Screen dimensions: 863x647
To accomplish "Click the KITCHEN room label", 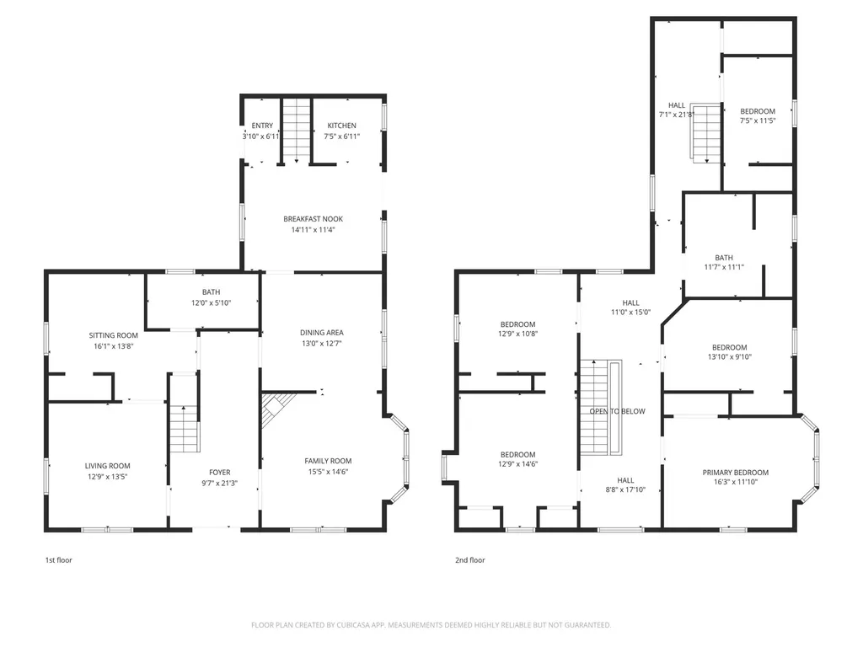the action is (x=341, y=126).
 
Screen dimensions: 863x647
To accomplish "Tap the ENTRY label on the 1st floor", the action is (x=262, y=126).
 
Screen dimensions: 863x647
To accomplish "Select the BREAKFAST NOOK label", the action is (x=314, y=219).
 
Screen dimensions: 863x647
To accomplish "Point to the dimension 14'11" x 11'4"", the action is (x=314, y=230).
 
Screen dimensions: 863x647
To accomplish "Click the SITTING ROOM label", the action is (x=114, y=335).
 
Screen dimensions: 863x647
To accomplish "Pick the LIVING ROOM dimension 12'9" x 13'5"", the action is (x=107, y=477).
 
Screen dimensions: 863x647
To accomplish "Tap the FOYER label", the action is (x=220, y=472).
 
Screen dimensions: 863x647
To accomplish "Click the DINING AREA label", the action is (x=321, y=332).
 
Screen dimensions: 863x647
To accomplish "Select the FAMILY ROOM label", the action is (x=328, y=461).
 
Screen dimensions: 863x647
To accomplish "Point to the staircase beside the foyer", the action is (x=184, y=429).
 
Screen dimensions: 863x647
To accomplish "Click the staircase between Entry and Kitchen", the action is (x=296, y=131).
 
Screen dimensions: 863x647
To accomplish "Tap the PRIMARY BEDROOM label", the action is (x=735, y=472).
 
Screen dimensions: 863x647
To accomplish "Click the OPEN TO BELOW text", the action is (x=617, y=411).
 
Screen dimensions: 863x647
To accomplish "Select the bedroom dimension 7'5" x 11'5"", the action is (x=758, y=120).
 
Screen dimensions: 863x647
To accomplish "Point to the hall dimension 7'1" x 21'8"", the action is (x=677, y=115).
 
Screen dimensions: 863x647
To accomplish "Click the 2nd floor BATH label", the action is (x=724, y=258).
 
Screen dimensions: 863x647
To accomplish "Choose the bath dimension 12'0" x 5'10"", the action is (x=211, y=302).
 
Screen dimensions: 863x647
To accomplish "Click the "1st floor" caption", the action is (x=58, y=560).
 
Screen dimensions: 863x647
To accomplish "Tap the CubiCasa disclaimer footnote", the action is (x=431, y=625).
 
